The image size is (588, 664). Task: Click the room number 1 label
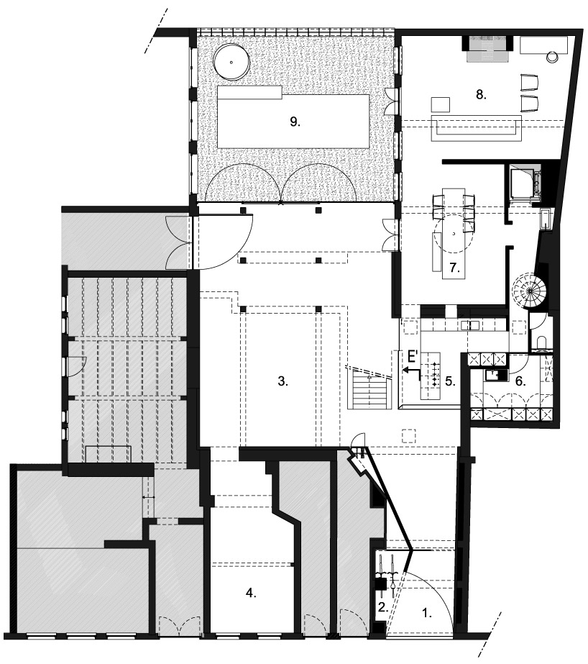(427, 613)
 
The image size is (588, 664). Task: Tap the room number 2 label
(383, 608)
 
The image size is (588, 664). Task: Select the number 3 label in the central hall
(283, 381)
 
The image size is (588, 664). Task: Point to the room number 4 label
(252, 593)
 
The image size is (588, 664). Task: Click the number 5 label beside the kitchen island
(450, 381)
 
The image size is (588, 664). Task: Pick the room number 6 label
(520, 381)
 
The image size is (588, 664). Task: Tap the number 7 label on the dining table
(455, 268)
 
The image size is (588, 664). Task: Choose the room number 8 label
(481, 94)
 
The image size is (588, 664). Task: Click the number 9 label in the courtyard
(295, 122)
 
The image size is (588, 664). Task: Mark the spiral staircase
(528, 291)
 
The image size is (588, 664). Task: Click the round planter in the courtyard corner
(231, 63)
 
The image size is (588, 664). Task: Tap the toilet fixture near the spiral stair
(540, 343)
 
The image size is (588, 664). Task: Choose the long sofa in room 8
(477, 127)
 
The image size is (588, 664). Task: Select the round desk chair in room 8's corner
(552, 56)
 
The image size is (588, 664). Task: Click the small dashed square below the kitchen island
(408, 436)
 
